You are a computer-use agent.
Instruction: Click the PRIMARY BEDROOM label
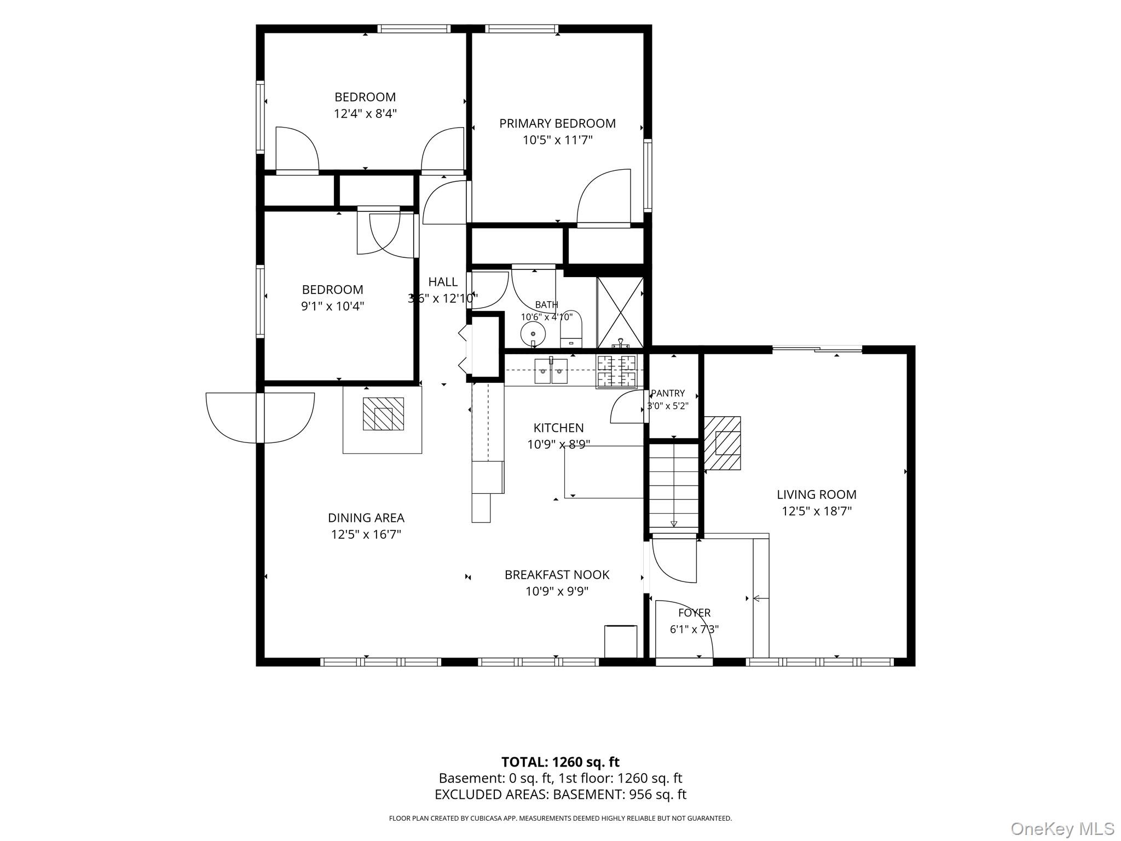[x=557, y=123]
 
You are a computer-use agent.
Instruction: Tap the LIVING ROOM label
[x=816, y=494]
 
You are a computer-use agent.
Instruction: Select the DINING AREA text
[x=366, y=517]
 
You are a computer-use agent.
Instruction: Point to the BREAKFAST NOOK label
[x=557, y=574]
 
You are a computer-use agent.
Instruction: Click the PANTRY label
[x=668, y=393]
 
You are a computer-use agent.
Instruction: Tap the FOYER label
[x=694, y=613]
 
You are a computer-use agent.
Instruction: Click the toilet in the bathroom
[x=571, y=329]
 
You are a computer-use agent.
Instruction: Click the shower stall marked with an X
[x=620, y=312]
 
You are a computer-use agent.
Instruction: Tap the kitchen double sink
[x=551, y=371]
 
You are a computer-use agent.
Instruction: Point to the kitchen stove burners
[x=617, y=371]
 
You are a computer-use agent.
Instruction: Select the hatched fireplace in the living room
[x=723, y=443]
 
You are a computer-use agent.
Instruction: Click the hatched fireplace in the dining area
[x=383, y=414]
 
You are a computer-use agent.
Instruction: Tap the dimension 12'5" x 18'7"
[x=816, y=511]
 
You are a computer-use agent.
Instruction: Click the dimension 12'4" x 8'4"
[x=365, y=114]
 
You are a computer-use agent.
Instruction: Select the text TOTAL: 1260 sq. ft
[x=560, y=762]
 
